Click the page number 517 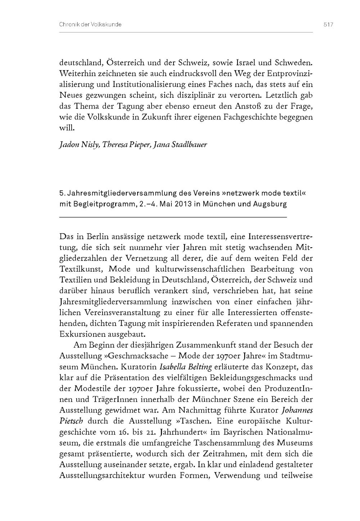(329, 25)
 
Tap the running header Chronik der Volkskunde (90, 25)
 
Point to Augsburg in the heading (270, 204)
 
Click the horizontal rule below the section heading (173, 217)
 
